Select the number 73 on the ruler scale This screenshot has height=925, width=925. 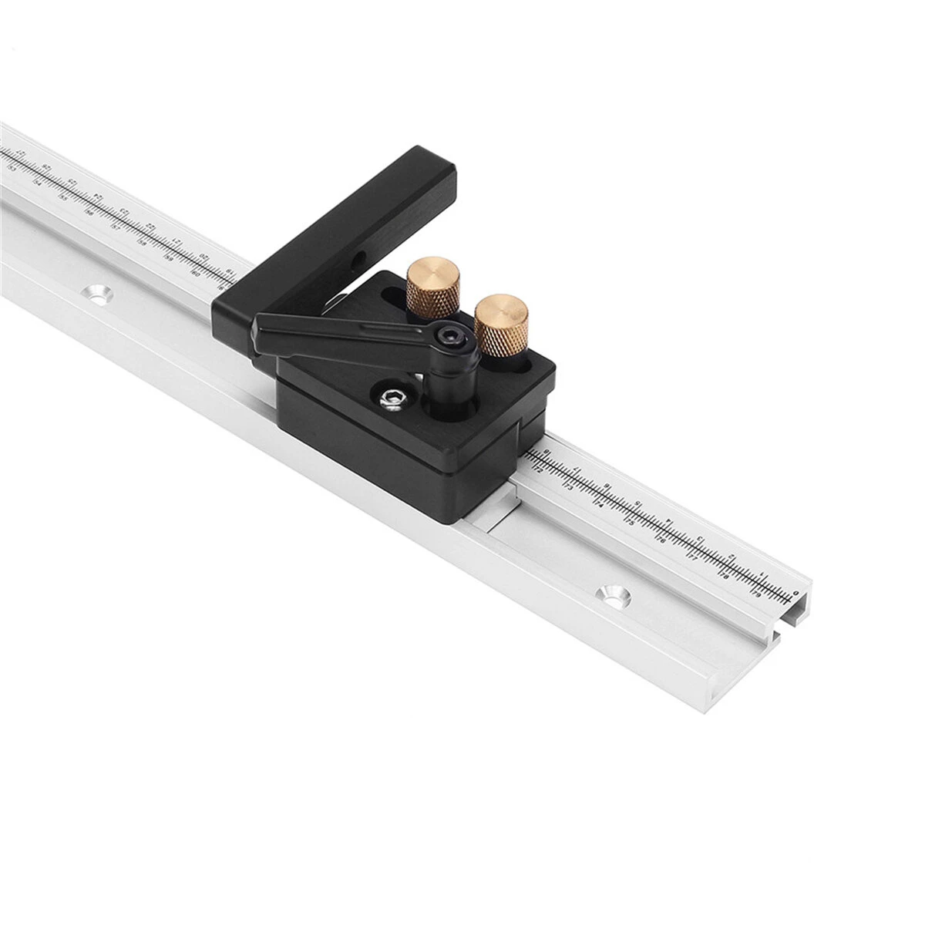coord(568,487)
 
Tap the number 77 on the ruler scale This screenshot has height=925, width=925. coord(692,558)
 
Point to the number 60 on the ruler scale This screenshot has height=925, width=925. coord(195,272)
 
